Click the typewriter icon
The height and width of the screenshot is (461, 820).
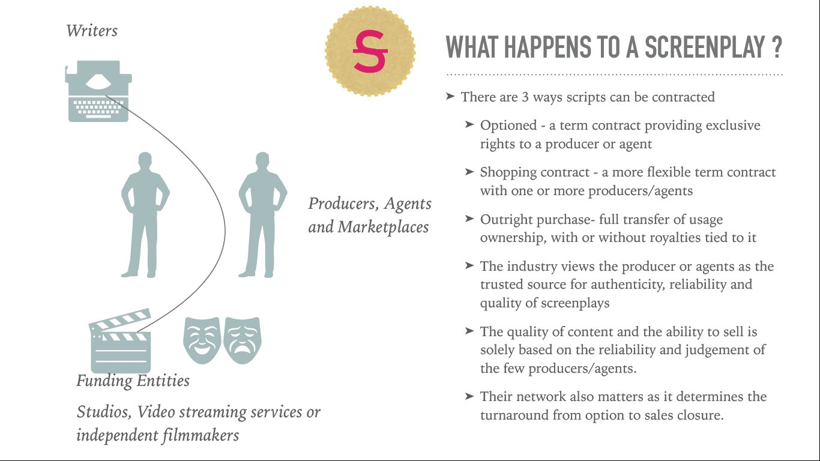(98, 91)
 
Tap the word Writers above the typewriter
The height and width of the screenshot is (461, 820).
(92, 31)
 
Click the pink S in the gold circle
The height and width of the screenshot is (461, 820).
(370, 51)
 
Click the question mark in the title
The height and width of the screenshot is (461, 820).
(776, 47)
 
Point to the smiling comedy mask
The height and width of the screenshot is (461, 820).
(202, 340)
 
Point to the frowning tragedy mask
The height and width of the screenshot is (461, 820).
(243, 340)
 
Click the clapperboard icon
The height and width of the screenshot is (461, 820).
(120, 340)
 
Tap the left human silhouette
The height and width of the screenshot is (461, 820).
(145, 214)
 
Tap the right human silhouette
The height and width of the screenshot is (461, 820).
(262, 214)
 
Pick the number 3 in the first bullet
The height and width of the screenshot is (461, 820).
(525, 97)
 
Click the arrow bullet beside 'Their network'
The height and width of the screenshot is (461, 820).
(469, 396)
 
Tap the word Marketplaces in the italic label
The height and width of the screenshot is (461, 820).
(383, 227)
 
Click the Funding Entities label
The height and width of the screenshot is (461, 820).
(133, 381)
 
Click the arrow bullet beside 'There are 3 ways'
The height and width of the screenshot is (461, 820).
(450, 96)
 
